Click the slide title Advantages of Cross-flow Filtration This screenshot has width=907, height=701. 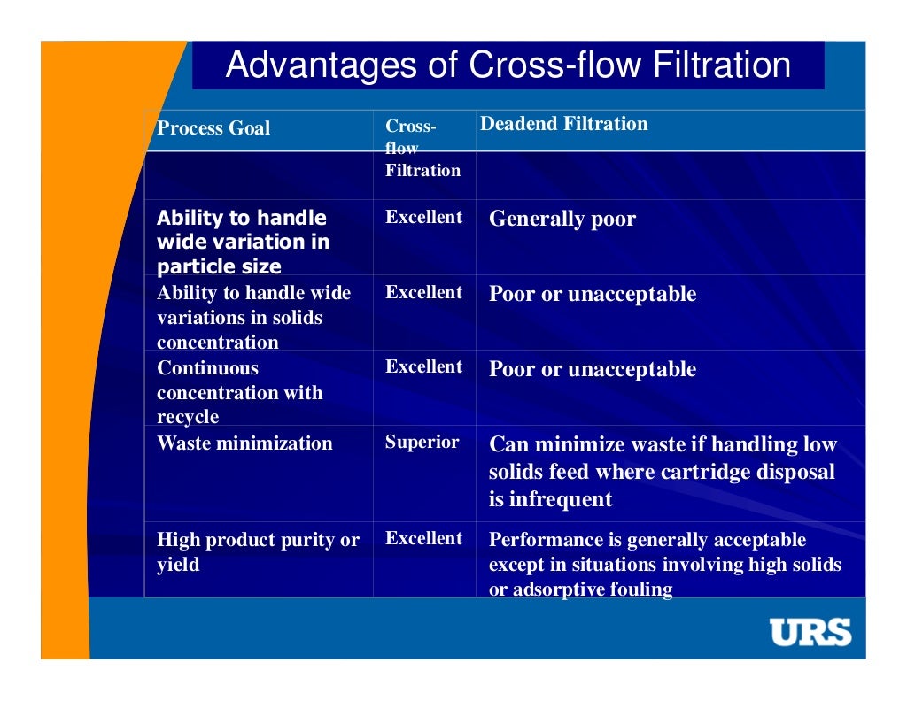coord(508,65)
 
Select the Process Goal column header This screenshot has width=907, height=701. coord(213,127)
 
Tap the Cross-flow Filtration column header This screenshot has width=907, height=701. coord(422,148)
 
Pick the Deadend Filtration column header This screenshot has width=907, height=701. coord(563,124)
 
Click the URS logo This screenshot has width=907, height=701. coord(810,632)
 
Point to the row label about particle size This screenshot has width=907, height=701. coord(243,242)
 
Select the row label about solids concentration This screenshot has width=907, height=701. coord(253,317)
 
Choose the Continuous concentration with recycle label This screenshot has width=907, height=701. coord(239,392)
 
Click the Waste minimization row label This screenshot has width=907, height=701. coord(244,443)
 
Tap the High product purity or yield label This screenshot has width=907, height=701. coord(258,551)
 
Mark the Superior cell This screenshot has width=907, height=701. coord(422,442)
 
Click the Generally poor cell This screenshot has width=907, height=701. coord(562,220)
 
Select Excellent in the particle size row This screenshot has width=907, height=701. coord(423,217)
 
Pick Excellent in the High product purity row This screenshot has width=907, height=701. coord(423,538)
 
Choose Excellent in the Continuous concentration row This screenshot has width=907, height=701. coord(423,366)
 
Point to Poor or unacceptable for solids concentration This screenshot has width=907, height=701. coord(593,295)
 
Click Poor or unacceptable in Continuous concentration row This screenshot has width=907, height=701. coord(593,369)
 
